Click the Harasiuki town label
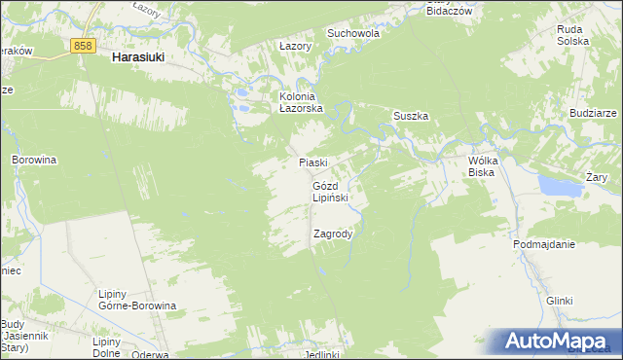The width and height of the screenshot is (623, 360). (x=137, y=57)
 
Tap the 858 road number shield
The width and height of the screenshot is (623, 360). (x=84, y=46)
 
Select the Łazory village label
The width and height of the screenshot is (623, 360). (x=294, y=46)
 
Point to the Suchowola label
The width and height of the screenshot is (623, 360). (x=352, y=32)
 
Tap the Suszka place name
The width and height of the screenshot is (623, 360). (x=411, y=116)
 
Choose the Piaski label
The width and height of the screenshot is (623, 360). (x=312, y=162)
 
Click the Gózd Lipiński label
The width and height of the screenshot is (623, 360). (x=330, y=191)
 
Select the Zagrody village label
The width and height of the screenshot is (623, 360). (x=332, y=234)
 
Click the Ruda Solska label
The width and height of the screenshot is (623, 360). (x=570, y=36)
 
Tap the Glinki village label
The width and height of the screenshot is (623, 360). (x=559, y=302)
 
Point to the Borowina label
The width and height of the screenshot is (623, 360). (x=35, y=159)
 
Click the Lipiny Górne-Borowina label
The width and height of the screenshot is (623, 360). (x=137, y=299)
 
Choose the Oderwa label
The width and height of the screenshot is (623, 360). (x=150, y=354)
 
